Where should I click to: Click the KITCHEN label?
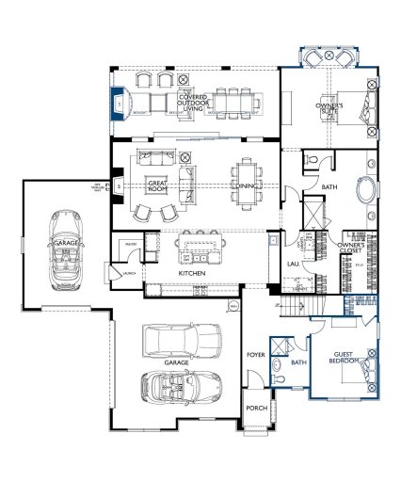point(192,273)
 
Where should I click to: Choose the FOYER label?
point(254,355)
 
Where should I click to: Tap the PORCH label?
point(255,408)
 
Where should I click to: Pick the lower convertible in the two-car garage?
point(181,387)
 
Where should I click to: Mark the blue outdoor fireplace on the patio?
point(120,103)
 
